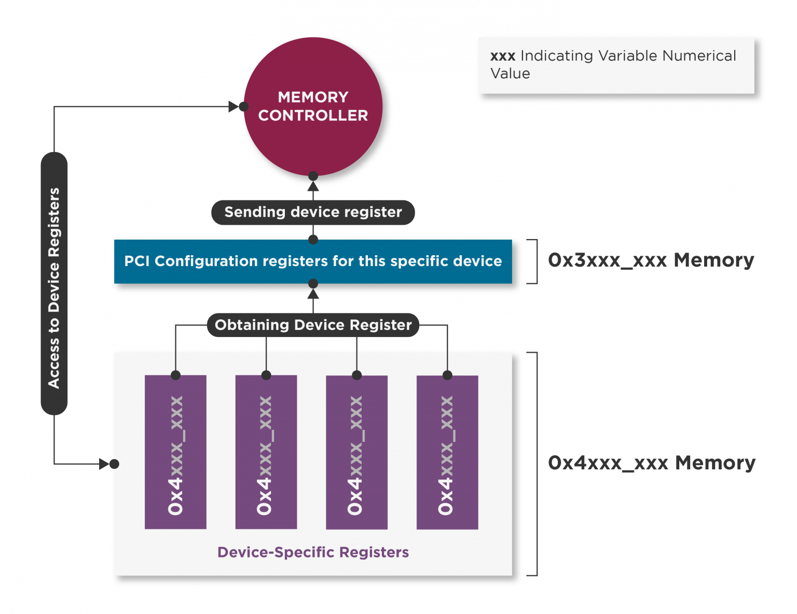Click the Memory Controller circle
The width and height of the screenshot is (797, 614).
coord(313,106)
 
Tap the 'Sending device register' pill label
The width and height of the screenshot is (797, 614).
coord(313,212)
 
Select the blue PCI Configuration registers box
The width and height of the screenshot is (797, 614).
coord(313,261)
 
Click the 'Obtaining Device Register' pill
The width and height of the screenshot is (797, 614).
coord(313,325)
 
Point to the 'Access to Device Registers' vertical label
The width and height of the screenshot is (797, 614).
coord(54,288)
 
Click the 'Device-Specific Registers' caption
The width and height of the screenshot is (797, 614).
coord(313,552)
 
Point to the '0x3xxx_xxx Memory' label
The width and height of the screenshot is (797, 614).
coord(651,260)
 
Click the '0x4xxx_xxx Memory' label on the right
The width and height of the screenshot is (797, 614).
coord(652,463)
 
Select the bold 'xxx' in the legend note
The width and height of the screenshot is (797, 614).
coord(503,56)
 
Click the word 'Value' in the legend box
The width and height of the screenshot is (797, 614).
coord(510,74)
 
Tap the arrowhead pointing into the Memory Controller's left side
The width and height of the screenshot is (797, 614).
coord(233,107)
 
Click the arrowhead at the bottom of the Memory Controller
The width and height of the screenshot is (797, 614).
coord(313,187)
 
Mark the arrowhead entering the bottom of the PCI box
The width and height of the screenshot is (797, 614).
coord(313,294)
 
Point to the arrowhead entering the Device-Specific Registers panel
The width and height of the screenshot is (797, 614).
coord(104,464)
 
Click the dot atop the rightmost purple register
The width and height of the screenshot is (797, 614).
coord(447,375)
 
